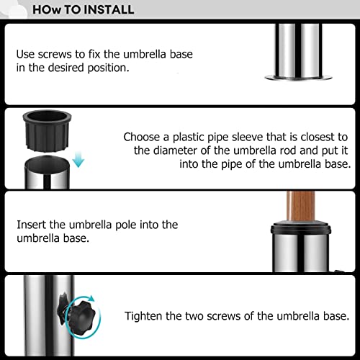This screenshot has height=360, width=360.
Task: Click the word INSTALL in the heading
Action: (109, 10)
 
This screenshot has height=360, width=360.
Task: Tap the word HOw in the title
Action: (47, 10)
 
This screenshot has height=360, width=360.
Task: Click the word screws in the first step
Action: (55, 54)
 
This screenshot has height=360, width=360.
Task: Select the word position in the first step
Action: (108, 68)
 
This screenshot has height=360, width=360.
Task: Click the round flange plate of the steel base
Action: (298, 78)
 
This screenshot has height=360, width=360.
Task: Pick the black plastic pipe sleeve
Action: (47, 131)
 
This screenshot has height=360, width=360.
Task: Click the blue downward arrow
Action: (78, 159)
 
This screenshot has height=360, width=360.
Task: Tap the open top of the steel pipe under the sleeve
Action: (47, 164)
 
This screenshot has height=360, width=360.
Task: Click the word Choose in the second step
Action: (142, 137)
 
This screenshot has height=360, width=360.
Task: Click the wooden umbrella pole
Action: (301, 206)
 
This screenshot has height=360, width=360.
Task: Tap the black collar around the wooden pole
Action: (301, 228)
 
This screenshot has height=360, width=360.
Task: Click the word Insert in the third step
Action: (32, 225)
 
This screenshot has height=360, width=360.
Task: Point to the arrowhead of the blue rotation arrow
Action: (91, 299)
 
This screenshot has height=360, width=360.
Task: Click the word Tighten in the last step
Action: (143, 316)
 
